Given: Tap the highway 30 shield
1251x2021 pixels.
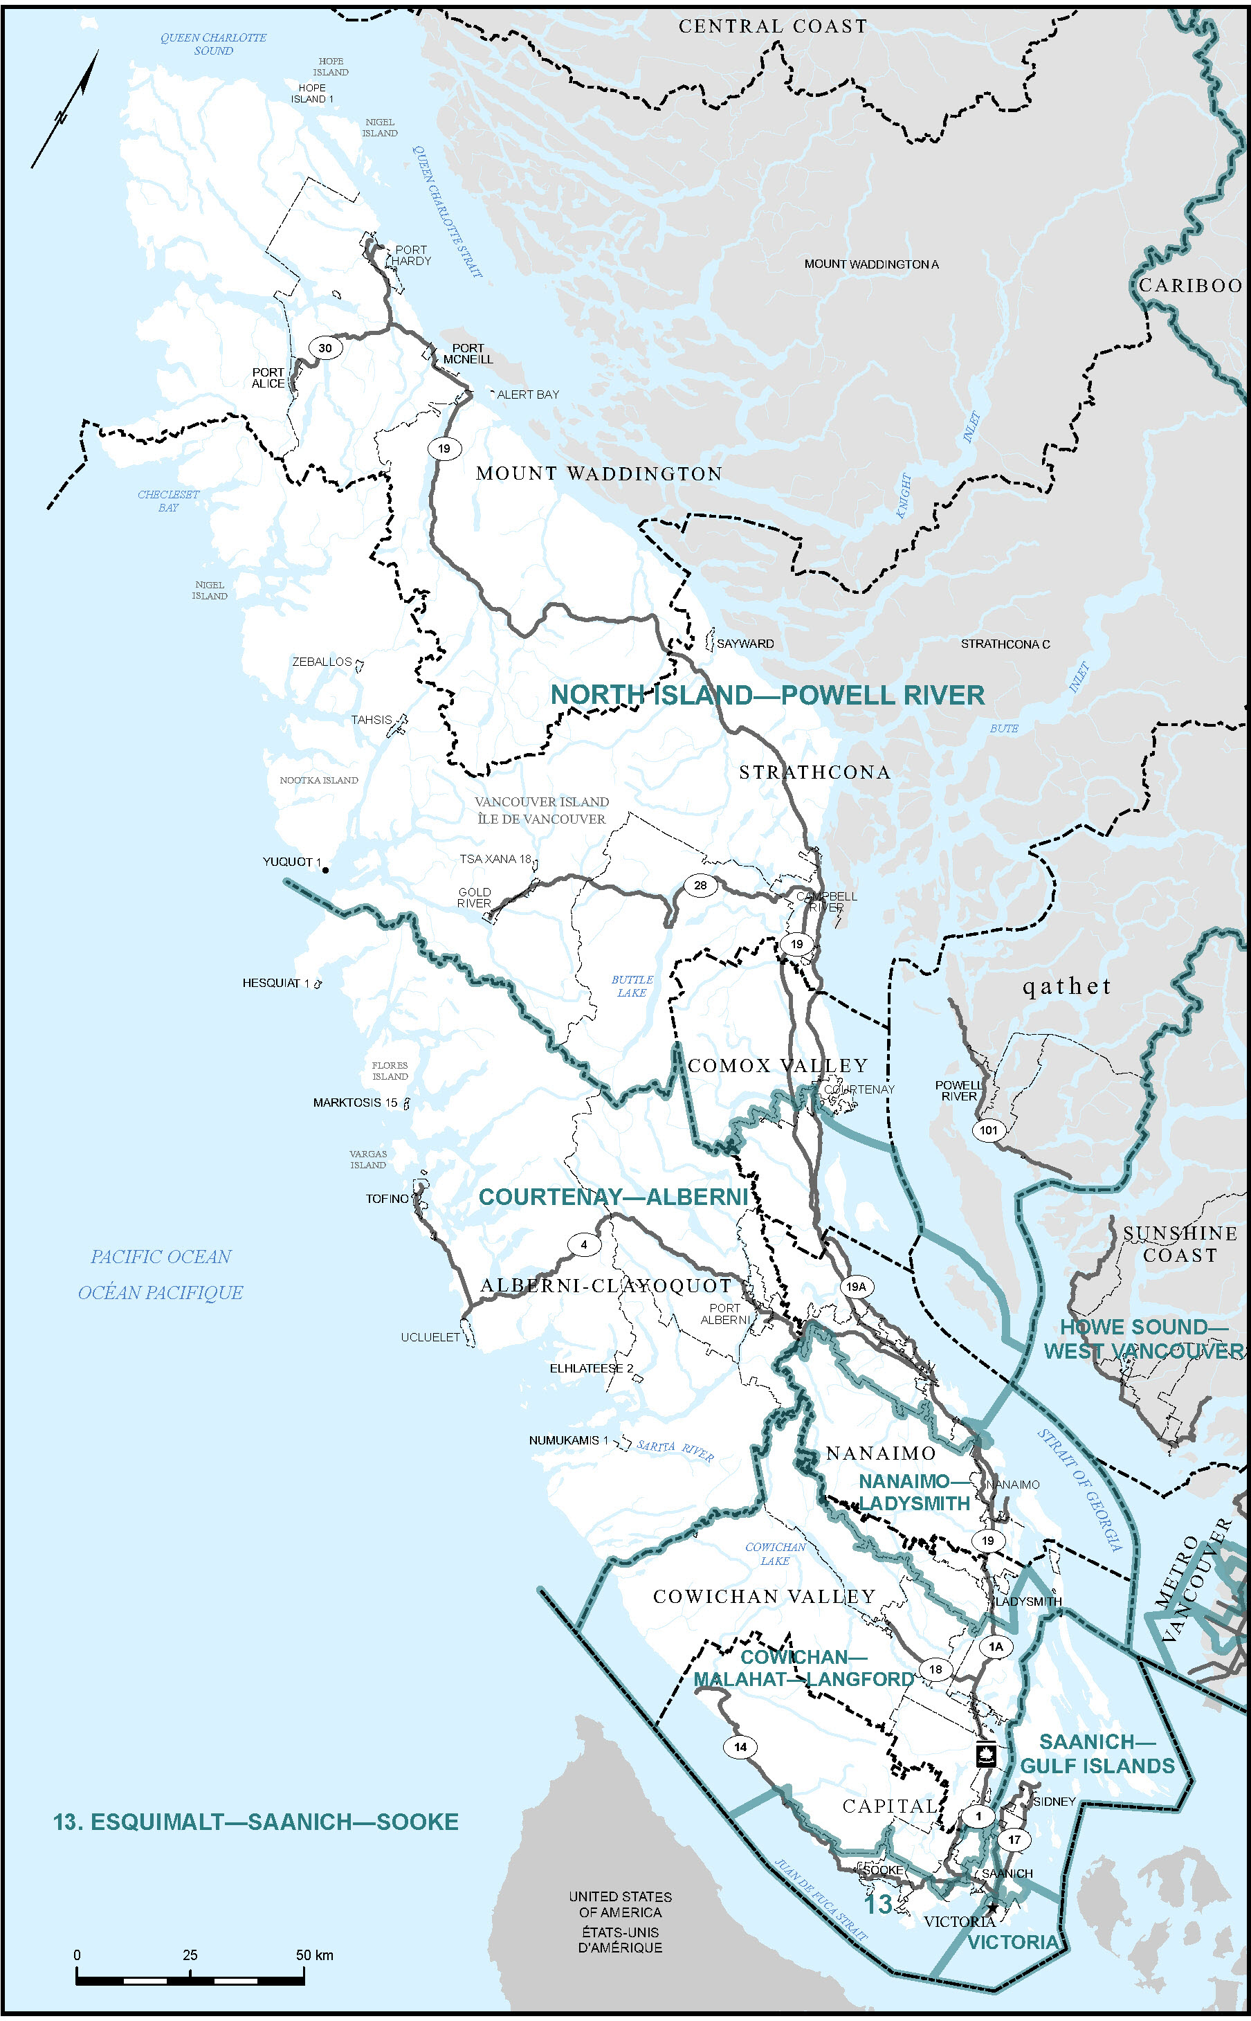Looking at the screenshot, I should [325, 347].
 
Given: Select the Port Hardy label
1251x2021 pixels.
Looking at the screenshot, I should [411, 255].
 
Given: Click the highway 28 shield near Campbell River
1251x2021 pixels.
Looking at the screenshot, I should [700, 885].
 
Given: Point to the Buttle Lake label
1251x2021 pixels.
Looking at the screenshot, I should [632, 986].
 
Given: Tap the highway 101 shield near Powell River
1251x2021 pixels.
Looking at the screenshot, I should [989, 1130].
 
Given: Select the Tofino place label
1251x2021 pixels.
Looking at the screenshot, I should [387, 1198].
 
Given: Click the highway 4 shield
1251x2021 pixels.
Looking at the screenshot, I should [584, 1244].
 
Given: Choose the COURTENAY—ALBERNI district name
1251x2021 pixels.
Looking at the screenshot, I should [613, 1197].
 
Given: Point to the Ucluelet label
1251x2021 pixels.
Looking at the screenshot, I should [430, 1336].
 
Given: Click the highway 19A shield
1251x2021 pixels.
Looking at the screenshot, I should [855, 1286].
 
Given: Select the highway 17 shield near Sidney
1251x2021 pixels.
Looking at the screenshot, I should [1014, 1839].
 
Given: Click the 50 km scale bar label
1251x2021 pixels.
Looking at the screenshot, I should [314, 1955].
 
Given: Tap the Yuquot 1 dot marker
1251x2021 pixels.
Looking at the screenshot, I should [325, 870].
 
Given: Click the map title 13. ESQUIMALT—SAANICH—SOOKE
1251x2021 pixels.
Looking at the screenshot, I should [255, 1822].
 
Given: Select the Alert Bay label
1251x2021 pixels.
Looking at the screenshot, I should [528, 395].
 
